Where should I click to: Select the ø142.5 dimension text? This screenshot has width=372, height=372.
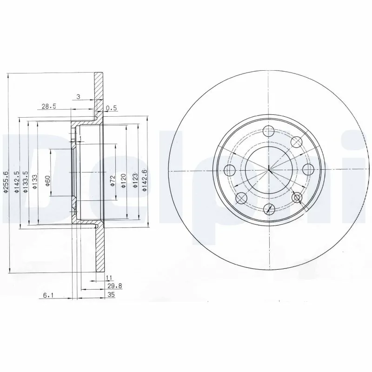tap(16, 182)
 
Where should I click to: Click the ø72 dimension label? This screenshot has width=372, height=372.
tap(112, 182)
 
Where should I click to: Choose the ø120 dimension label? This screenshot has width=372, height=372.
tap(124, 181)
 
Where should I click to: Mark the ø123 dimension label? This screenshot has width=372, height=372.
tap(134, 182)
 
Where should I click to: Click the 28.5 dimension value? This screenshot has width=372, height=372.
tap(49, 106)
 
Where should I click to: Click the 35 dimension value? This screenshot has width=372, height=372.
tap(111, 294)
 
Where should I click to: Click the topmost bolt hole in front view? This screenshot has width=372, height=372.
tap(269, 132)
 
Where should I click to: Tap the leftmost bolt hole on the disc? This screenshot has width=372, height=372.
tap(230, 170)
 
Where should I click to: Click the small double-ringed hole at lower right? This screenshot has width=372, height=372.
tap(297, 199)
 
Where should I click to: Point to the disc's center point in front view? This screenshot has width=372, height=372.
tap(269, 170)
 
